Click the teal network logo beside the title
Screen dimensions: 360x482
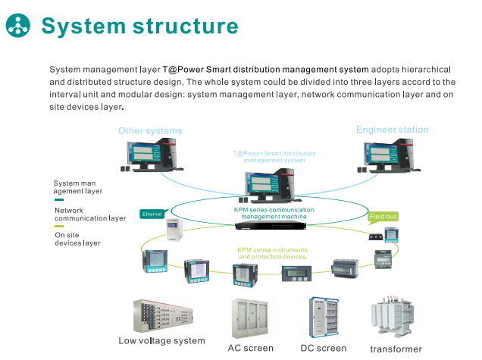[x=18, y=25]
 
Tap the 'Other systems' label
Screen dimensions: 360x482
[x=150, y=131]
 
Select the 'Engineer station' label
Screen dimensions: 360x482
[x=392, y=130]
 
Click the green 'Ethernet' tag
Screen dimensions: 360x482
[x=152, y=214]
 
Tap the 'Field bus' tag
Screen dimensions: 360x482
[x=383, y=217]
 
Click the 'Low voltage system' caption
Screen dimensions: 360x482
[x=161, y=341]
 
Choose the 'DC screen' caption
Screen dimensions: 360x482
[x=323, y=348]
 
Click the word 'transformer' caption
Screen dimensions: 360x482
[x=396, y=349]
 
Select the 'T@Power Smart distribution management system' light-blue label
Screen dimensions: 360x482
[x=274, y=157]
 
